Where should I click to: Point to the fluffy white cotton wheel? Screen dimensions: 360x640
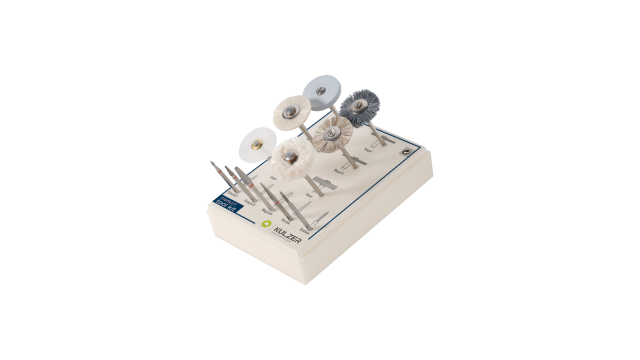click(291, 157)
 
